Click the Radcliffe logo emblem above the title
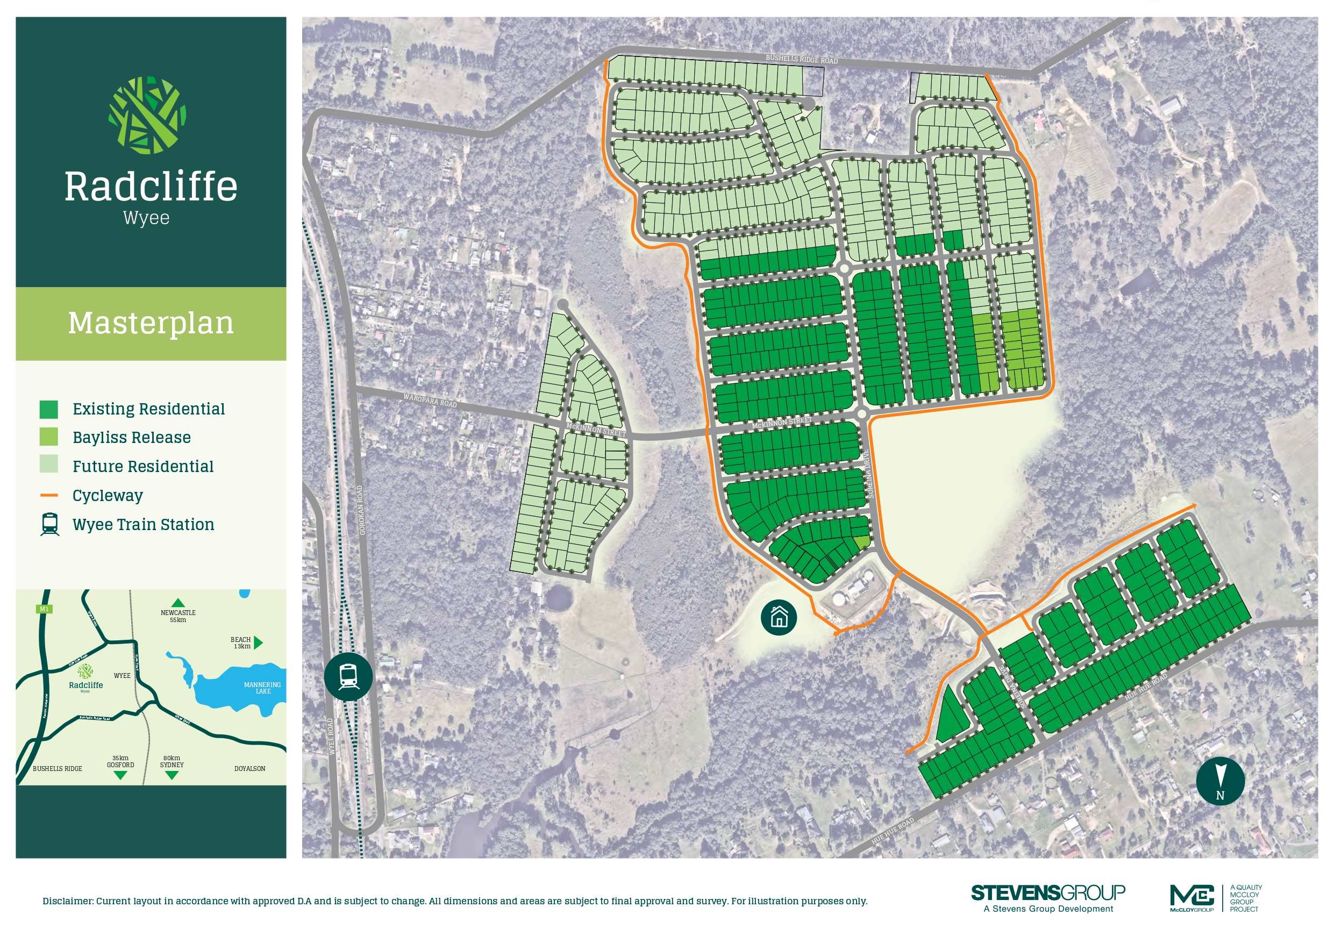[x=147, y=116]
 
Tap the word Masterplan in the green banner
[x=151, y=323]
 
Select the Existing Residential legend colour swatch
[x=49, y=410]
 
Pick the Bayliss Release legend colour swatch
[x=49, y=438]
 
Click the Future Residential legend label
[x=143, y=467]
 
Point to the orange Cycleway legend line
[x=49, y=496]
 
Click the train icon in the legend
[x=49, y=524]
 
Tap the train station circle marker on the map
[x=348, y=676]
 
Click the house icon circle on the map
[x=779, y=618]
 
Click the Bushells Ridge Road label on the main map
[x=801, y=59]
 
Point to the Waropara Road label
[x=430, y=400]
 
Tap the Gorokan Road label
[x=361, y=510]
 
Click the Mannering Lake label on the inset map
[x=262, y=688]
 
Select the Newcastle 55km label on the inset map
[x=178, y=616]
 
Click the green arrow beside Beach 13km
[x=259, y=642]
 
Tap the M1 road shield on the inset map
[x=44, y=609]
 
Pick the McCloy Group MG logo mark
[x=1192, y=896]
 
